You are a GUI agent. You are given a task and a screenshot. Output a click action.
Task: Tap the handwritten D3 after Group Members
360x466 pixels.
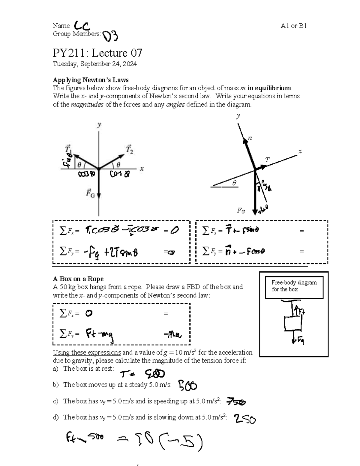[110, 36]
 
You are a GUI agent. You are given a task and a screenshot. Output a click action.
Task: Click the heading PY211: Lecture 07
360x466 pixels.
[97, 53]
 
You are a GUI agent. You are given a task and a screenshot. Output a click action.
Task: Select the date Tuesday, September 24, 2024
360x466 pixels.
[95, 64]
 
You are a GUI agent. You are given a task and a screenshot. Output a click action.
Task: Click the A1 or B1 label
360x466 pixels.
[293, 26]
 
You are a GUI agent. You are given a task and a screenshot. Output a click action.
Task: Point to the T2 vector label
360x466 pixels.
[129, 149]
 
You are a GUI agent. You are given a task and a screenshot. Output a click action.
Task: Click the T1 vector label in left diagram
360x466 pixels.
[68, 148]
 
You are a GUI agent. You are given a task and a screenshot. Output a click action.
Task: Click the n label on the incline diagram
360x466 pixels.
[250, 138]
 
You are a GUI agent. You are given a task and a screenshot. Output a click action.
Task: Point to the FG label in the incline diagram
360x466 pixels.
[241, 211]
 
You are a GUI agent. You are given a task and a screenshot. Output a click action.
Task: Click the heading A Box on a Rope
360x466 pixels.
[78, 279]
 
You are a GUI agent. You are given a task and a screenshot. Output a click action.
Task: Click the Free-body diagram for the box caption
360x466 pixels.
[294, 286]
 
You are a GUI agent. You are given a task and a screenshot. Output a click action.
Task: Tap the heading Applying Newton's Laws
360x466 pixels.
[91, 80]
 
